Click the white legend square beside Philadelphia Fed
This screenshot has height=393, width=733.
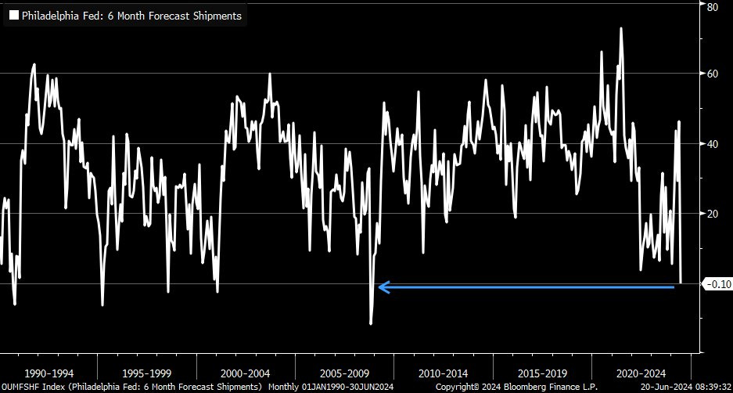[x=13, y=15]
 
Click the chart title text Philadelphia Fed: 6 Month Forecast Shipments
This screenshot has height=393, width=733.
[x=131, y=15]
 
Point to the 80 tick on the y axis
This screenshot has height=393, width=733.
[x=713, y=7]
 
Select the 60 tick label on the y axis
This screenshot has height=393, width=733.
[x=713, y=74]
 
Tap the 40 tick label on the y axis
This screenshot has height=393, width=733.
[x=713, y=143]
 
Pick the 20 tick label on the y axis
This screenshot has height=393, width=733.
[x=713, y=214]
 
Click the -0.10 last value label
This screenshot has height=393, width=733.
[x=717, y=284]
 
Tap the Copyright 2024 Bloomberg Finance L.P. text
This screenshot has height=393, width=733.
[x=516, y=388]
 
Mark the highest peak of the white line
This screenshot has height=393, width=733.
[x=621, y=28]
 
